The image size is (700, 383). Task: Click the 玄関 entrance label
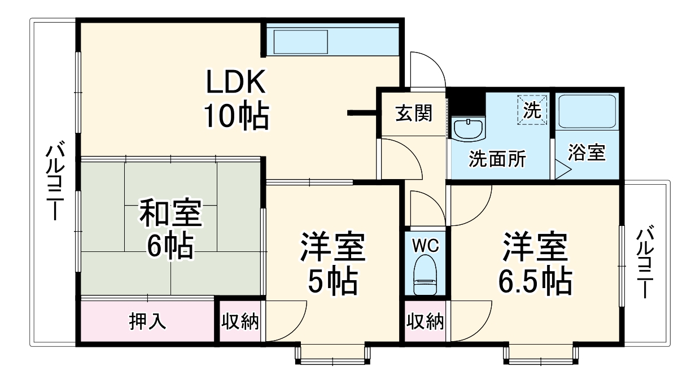[x=413, y=114]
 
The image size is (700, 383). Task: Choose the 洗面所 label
[x=497, y=159]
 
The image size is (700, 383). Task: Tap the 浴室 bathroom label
[x=587, y=153]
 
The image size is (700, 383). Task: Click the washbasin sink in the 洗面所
[x=468, y=129]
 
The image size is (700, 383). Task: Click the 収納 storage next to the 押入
[x=240, y=321]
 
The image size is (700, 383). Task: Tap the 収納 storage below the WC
[x=425, y=321]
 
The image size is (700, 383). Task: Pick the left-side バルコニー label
[x=54, y=181]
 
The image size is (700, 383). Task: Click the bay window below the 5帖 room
[x=333, y=352]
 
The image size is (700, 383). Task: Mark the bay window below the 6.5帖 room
[x=541, y=352]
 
